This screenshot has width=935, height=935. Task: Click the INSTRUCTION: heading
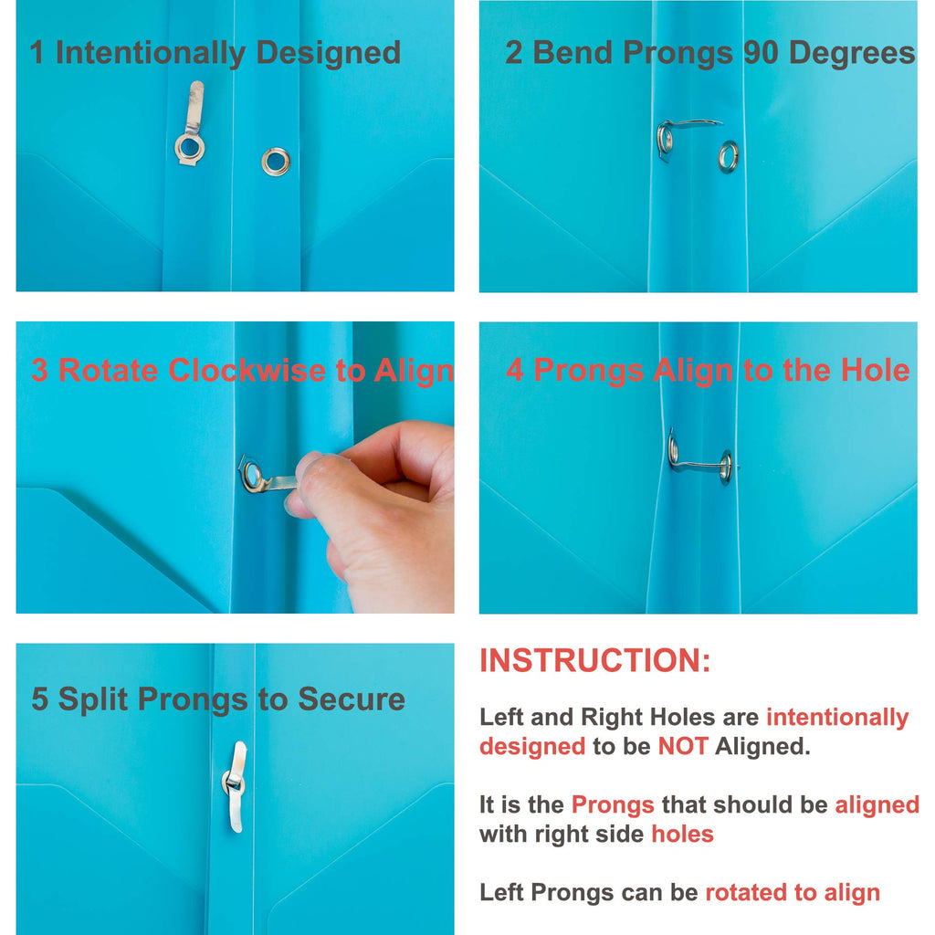[595, 661]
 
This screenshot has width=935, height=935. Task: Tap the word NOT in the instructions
[683, 746]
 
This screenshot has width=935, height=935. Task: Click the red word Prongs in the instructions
[613, 804]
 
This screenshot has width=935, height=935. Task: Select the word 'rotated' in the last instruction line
[747, 892]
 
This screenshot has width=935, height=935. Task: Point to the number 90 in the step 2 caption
[761, 52]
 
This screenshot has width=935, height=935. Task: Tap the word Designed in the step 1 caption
[329, 53]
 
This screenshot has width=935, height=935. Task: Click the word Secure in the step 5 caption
[352, 699]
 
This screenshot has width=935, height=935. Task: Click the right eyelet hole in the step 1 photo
[276, 162]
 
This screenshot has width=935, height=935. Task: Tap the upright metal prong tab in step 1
[195, 107]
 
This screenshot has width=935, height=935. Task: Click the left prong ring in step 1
[190, 148]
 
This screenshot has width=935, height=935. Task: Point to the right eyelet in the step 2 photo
[728, 156]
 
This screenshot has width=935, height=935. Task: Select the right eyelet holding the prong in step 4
[726, 467]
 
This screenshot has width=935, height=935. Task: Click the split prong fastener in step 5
[235, 786]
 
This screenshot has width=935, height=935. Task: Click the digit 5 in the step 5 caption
[39, 699]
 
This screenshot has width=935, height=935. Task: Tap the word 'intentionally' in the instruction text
[837, 718]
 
